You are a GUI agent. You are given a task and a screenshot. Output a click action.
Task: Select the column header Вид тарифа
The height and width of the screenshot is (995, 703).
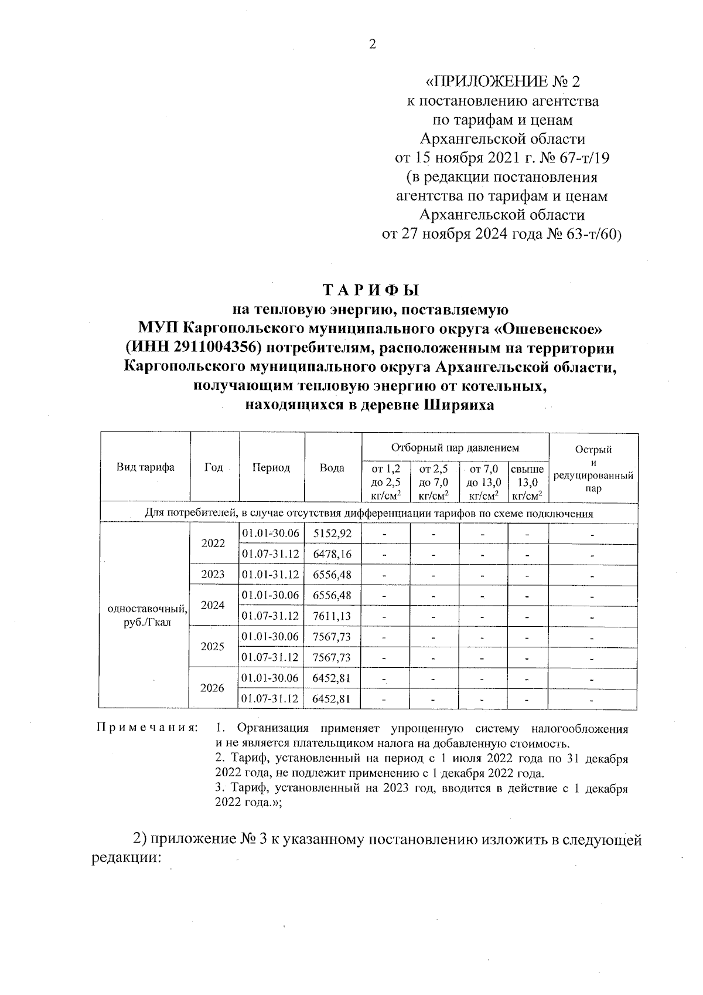[x=145, y=467]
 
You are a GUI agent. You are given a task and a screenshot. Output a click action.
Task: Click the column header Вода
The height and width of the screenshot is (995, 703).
[x=332, y=468]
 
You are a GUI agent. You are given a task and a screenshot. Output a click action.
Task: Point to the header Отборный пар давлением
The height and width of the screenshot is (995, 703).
[x=455, y=448]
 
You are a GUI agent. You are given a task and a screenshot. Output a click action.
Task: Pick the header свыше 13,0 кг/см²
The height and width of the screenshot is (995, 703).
[x=527, y=482]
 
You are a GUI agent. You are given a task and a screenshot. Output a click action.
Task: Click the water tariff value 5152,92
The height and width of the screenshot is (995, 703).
[x=332, y=534]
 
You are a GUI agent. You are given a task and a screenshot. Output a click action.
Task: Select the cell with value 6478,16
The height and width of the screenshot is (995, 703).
[x=332, y=554]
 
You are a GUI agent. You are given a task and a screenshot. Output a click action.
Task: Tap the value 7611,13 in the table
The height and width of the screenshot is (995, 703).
[x=332, y=616]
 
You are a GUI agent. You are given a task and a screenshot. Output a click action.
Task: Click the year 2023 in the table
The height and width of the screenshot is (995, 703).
[x=213, y=575]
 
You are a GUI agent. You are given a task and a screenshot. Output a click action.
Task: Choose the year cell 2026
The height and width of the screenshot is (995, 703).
[x=213, y=688]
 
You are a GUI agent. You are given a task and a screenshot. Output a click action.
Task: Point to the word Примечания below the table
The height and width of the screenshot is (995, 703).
[x=146, y=728]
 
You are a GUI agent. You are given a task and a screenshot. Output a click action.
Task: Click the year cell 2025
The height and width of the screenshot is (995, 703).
[x=213, y=647]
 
